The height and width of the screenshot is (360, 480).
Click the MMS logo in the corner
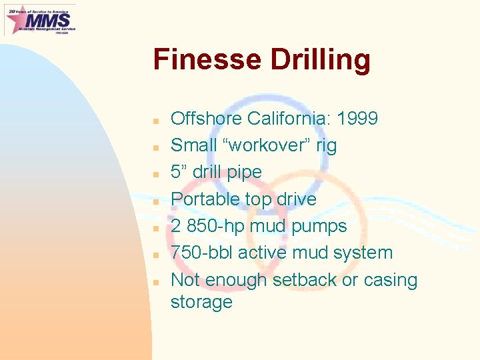click(40, 19)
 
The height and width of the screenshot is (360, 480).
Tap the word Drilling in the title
click(320, 60)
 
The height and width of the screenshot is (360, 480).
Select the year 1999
click(357, 119)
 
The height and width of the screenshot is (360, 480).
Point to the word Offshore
click(206, 119)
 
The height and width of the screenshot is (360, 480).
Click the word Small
click(193, 145)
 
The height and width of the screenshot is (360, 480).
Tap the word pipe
click(243, 173)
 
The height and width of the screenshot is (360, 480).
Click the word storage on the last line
click(201, 302)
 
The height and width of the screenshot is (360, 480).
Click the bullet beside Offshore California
click(155, 121)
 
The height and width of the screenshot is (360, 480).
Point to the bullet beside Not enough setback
click(155, 282)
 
